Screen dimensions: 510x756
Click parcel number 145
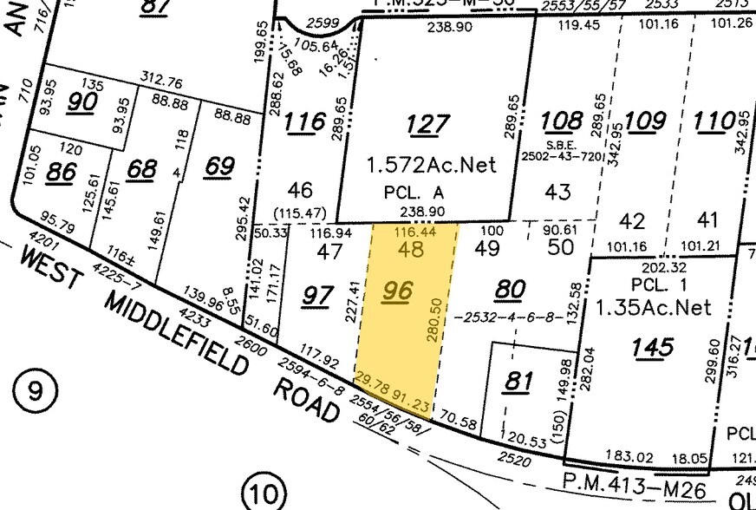pyautogui.click(x=652, y=347)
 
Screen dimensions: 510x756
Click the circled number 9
pyautogui.click(x=34, y=391)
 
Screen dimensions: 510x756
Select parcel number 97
pyautogui.click(x=317, y=296)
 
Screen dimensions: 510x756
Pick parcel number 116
pyautogui.click(x=305, y=123)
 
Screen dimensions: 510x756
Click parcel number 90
pyautogui.click(x=84, y=101)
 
